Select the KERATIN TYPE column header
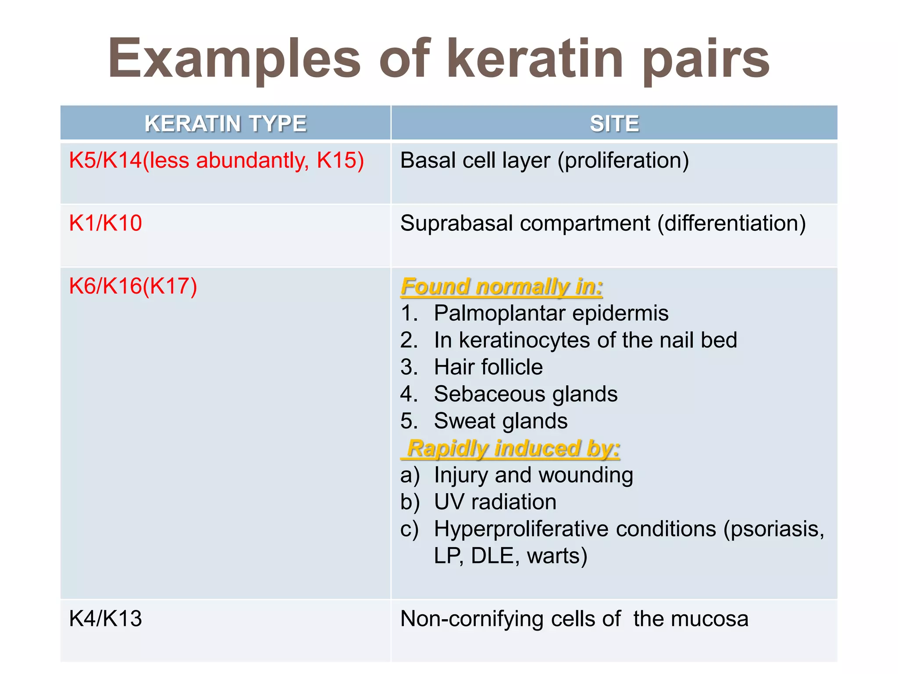(225, 123)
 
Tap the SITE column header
(614, 123)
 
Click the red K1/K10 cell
(106, 223)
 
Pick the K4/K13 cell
(106, 619)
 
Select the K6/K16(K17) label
(133, 286)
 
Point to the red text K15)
(340, 160)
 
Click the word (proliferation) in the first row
(623, 161)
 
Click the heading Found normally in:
(502, 287)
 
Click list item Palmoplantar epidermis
(551, 313)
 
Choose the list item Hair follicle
(488, 367)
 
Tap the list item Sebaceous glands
(525, 394)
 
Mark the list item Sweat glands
(500, 421)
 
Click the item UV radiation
(495, 502)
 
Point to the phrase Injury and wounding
(533, 475)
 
